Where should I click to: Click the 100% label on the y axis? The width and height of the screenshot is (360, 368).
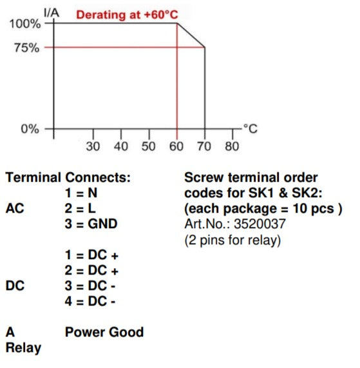(25, 24)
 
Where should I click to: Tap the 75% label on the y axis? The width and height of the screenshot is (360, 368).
(27, 48)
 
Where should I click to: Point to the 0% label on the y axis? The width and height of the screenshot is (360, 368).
(30, 129)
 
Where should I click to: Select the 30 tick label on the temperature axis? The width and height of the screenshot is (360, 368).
(93, 146)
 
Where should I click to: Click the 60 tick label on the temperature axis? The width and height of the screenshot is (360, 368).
(176, 146)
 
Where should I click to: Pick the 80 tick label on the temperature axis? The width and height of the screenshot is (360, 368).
(232, 146)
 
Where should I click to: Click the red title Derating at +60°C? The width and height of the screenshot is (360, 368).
(127, 15)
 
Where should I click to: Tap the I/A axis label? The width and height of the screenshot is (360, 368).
(52, 12)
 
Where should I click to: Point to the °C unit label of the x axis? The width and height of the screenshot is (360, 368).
(251, 129)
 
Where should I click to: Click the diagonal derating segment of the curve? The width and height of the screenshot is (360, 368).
(191, 35)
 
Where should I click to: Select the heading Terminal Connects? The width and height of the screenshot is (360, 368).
(68, 177)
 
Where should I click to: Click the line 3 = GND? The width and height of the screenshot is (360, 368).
(91, 224)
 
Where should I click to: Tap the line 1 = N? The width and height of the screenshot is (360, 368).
(81, 193)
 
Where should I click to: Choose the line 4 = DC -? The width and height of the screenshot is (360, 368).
(90, 301)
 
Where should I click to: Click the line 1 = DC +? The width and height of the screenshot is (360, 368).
(91, 255)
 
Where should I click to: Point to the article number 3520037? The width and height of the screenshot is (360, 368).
(260, 224)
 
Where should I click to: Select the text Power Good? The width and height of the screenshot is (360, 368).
(104, 332)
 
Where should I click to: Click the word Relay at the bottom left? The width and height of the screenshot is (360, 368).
(23, 348)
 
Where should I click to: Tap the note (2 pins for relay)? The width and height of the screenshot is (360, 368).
(232, 240)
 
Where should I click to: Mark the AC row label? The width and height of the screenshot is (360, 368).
(15, 208)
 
